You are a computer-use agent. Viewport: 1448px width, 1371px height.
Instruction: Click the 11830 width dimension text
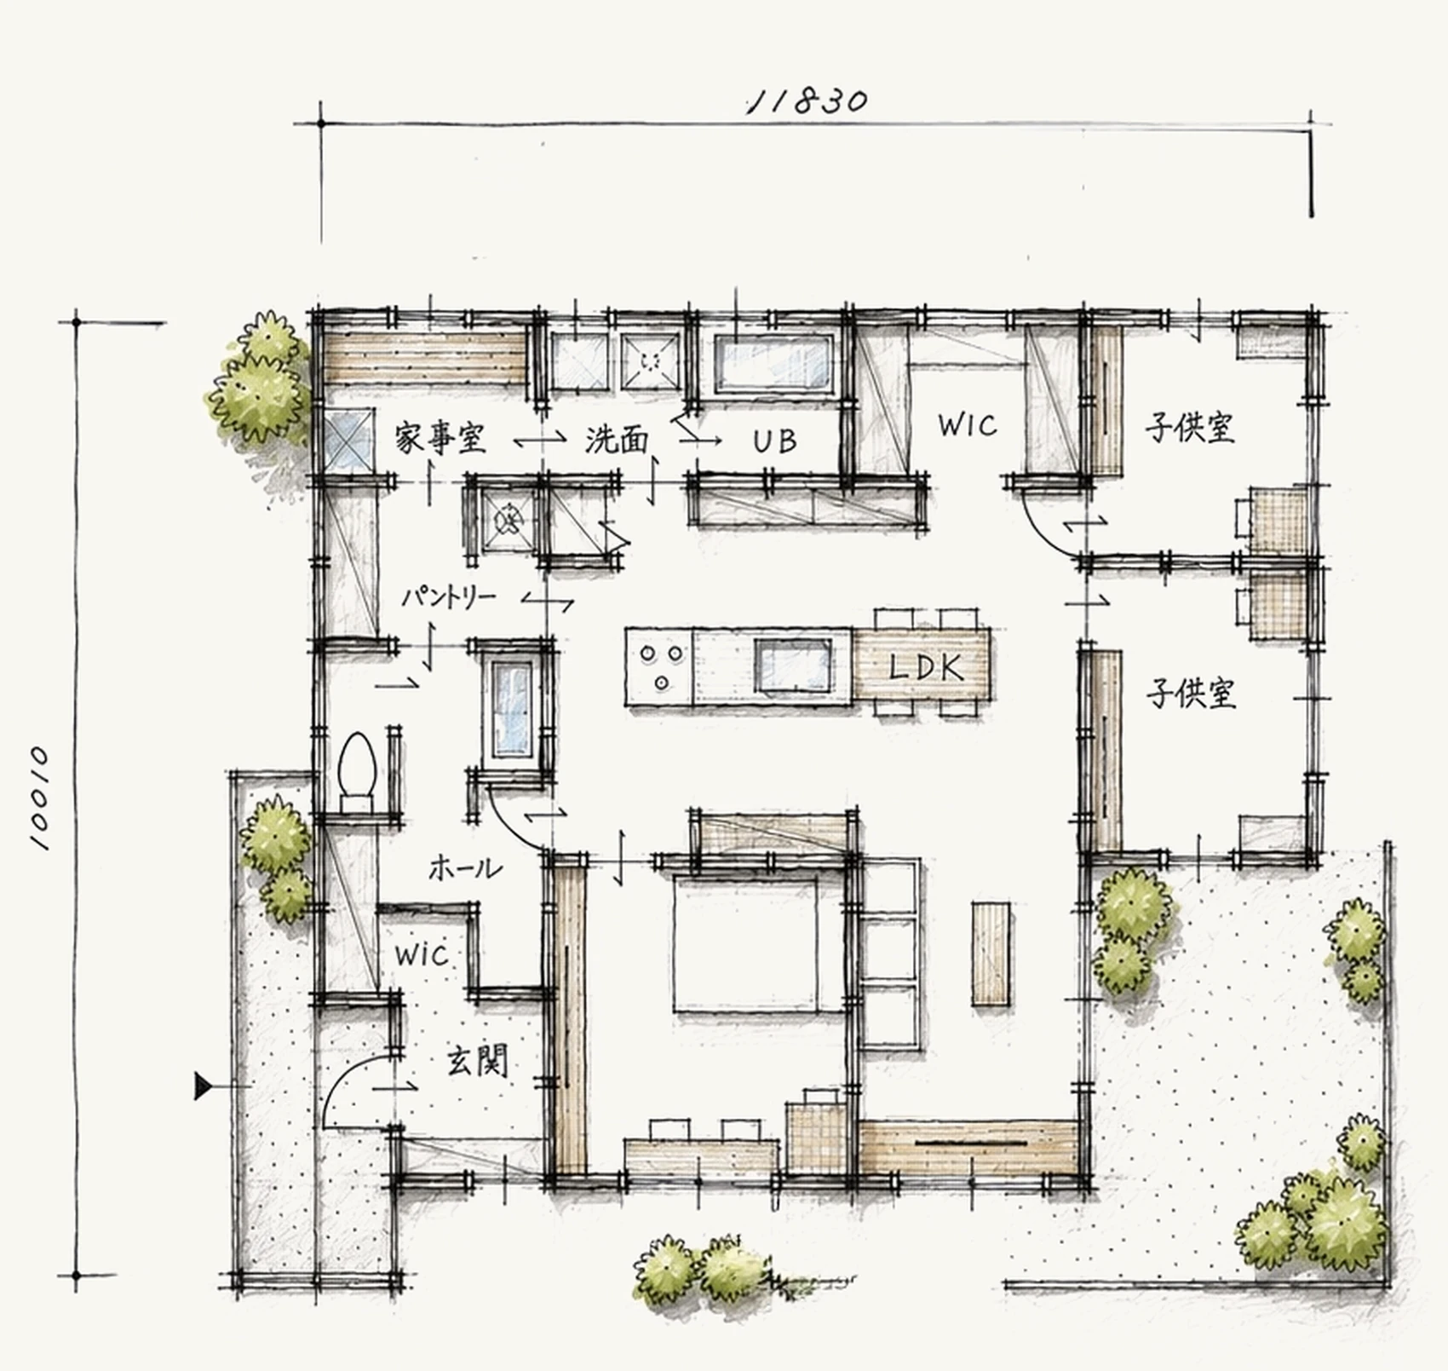807,101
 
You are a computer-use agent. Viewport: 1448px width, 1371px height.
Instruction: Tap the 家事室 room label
440,439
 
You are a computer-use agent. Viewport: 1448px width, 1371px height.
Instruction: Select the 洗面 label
617,440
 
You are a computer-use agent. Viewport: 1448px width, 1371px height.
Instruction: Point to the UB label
775,441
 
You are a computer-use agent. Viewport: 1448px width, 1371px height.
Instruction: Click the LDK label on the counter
926,667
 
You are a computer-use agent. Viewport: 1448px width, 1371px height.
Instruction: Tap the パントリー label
448,597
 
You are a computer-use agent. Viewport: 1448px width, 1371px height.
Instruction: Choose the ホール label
465,868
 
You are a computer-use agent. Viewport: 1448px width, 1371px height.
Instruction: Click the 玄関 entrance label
478,1062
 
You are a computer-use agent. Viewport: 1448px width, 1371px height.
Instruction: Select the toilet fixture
357,772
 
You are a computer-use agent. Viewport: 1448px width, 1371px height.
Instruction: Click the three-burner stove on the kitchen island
660,666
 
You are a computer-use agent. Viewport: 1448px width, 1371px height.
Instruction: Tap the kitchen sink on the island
793,665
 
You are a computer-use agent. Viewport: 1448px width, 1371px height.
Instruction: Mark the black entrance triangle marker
203,1086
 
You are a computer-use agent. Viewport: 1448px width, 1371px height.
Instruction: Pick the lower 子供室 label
1190,694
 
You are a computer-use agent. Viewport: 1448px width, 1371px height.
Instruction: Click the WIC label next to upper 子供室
968,425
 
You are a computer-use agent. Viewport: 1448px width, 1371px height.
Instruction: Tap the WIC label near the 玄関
422,954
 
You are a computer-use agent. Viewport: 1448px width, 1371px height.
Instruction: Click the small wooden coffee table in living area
991,953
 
